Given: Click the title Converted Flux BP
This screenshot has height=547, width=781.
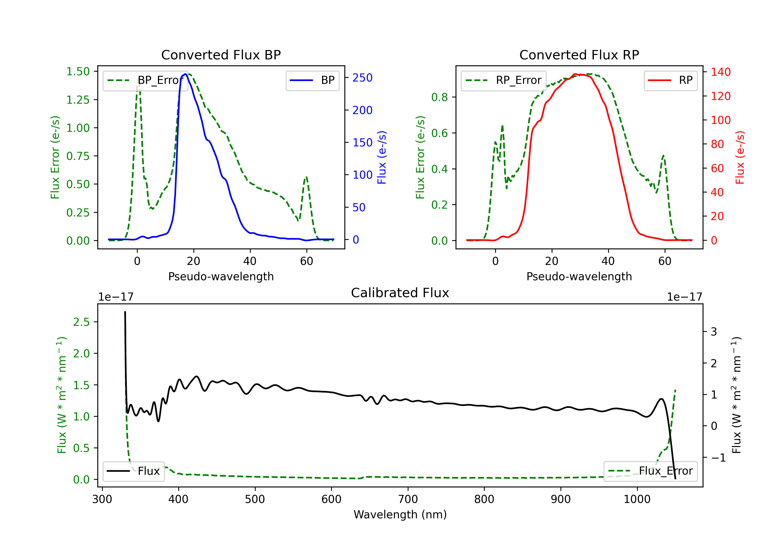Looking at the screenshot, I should click(221, 55).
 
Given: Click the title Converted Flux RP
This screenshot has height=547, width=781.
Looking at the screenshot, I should click(579, 55).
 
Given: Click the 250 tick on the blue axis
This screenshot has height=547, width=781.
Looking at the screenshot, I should click(362, 78).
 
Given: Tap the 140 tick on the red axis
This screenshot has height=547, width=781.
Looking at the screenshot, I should click(720, 72).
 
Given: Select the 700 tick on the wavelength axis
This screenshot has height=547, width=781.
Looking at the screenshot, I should click(408, 499).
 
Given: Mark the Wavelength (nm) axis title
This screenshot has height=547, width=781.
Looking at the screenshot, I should click(400, 514).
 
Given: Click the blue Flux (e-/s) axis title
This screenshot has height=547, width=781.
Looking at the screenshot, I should click(382, 157).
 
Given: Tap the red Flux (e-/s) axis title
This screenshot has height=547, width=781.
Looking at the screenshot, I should click(740, 157).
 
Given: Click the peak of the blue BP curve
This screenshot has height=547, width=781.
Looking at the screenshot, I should click(185, 74).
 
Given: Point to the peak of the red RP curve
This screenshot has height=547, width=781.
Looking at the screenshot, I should click(575, 74).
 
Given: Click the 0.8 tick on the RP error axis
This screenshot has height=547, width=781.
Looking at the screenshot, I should click(439, 97).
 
